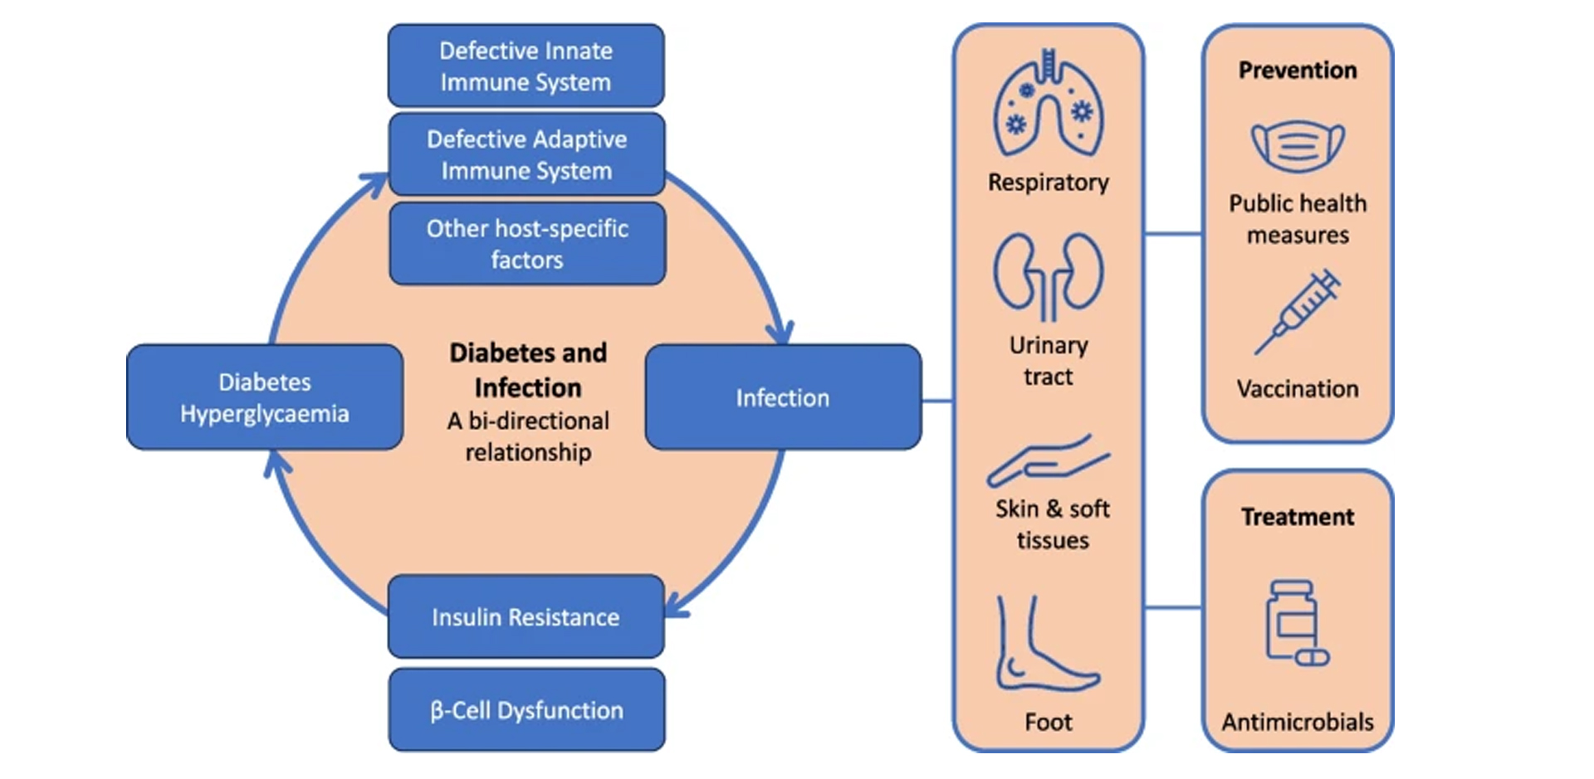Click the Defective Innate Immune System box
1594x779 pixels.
coord(526,66)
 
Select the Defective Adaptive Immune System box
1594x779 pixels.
coord(526,154)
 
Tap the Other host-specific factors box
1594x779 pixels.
coord(526,244)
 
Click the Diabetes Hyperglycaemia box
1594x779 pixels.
coord(265,397)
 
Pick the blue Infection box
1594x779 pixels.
coord(782,397)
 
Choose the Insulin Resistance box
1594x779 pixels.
coord(526,616)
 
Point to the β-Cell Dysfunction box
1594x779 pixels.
coord(526,710)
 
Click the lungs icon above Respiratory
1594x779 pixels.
coord(1049,103)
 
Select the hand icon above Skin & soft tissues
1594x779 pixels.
coord(1048,460)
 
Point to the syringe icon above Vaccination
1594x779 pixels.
coord(1297,312)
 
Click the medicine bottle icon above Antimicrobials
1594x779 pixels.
coord(1296,622)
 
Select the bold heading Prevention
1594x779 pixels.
coord(1298,71)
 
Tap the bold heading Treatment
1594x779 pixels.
coord(1298,517)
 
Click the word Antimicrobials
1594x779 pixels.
coord(1298,722)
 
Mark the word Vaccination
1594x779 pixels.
coord(1298,388)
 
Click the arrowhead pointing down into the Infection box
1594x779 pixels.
coord(780,333)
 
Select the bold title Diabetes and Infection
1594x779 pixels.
coord(528,370)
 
